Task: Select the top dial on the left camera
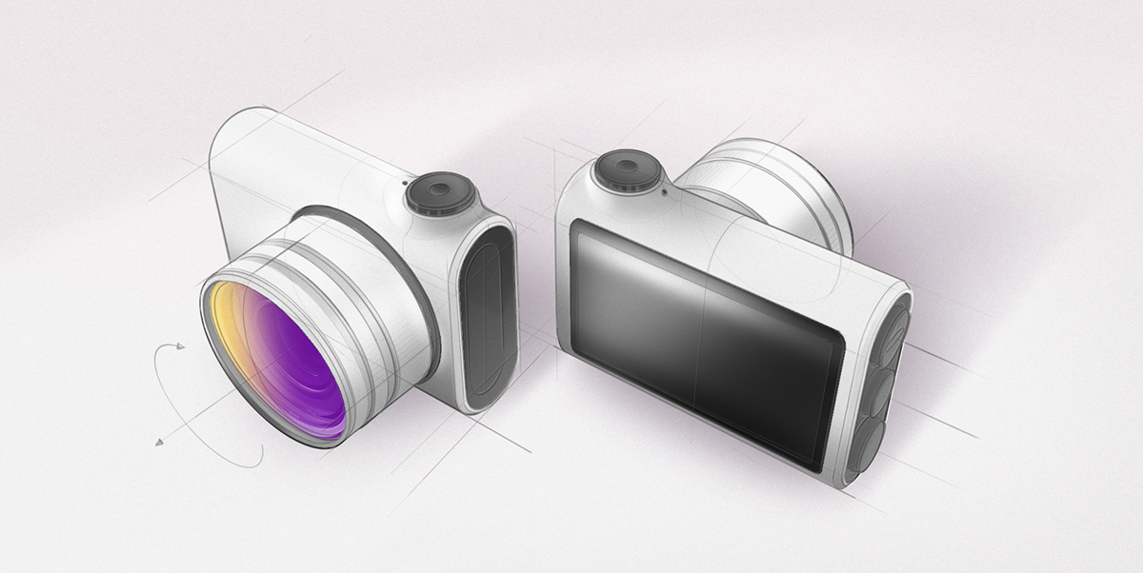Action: click(x=439, y=194)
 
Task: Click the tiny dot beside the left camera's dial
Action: click(x=404, y=181)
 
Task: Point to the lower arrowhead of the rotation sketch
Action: click(x=158, y=441)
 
